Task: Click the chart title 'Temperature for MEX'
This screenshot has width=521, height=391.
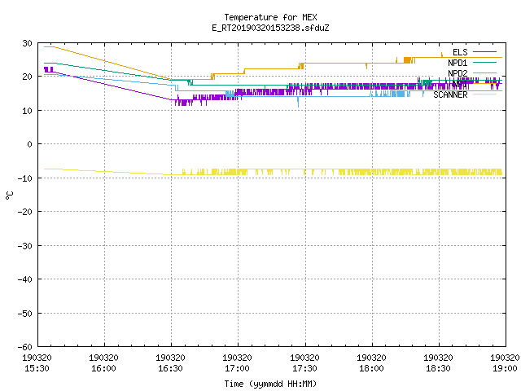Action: point(270,17)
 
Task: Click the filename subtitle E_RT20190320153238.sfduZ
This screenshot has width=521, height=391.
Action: point(270,28)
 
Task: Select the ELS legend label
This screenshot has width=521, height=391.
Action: point(460,52)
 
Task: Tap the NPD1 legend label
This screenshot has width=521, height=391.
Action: point(458,63)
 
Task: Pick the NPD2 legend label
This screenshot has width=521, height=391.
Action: point(458,73)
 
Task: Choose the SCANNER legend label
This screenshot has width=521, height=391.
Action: point(450,94)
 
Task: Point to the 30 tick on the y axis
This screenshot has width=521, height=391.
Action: point(27,43)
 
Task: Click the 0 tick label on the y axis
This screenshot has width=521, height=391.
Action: point(30,144)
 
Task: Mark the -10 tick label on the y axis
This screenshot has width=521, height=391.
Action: point(25,178)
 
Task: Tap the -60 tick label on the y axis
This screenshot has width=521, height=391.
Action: point(25,347)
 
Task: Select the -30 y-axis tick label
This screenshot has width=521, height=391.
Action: point(25,246)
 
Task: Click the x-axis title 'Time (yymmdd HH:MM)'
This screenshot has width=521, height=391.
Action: point(270,384)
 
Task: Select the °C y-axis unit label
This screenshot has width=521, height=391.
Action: point(10,195)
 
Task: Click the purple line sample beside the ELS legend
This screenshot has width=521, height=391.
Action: point(484,52)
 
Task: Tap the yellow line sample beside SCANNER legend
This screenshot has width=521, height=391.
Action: point(484,94)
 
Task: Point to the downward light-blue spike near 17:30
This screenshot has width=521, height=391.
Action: point(298,102)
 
